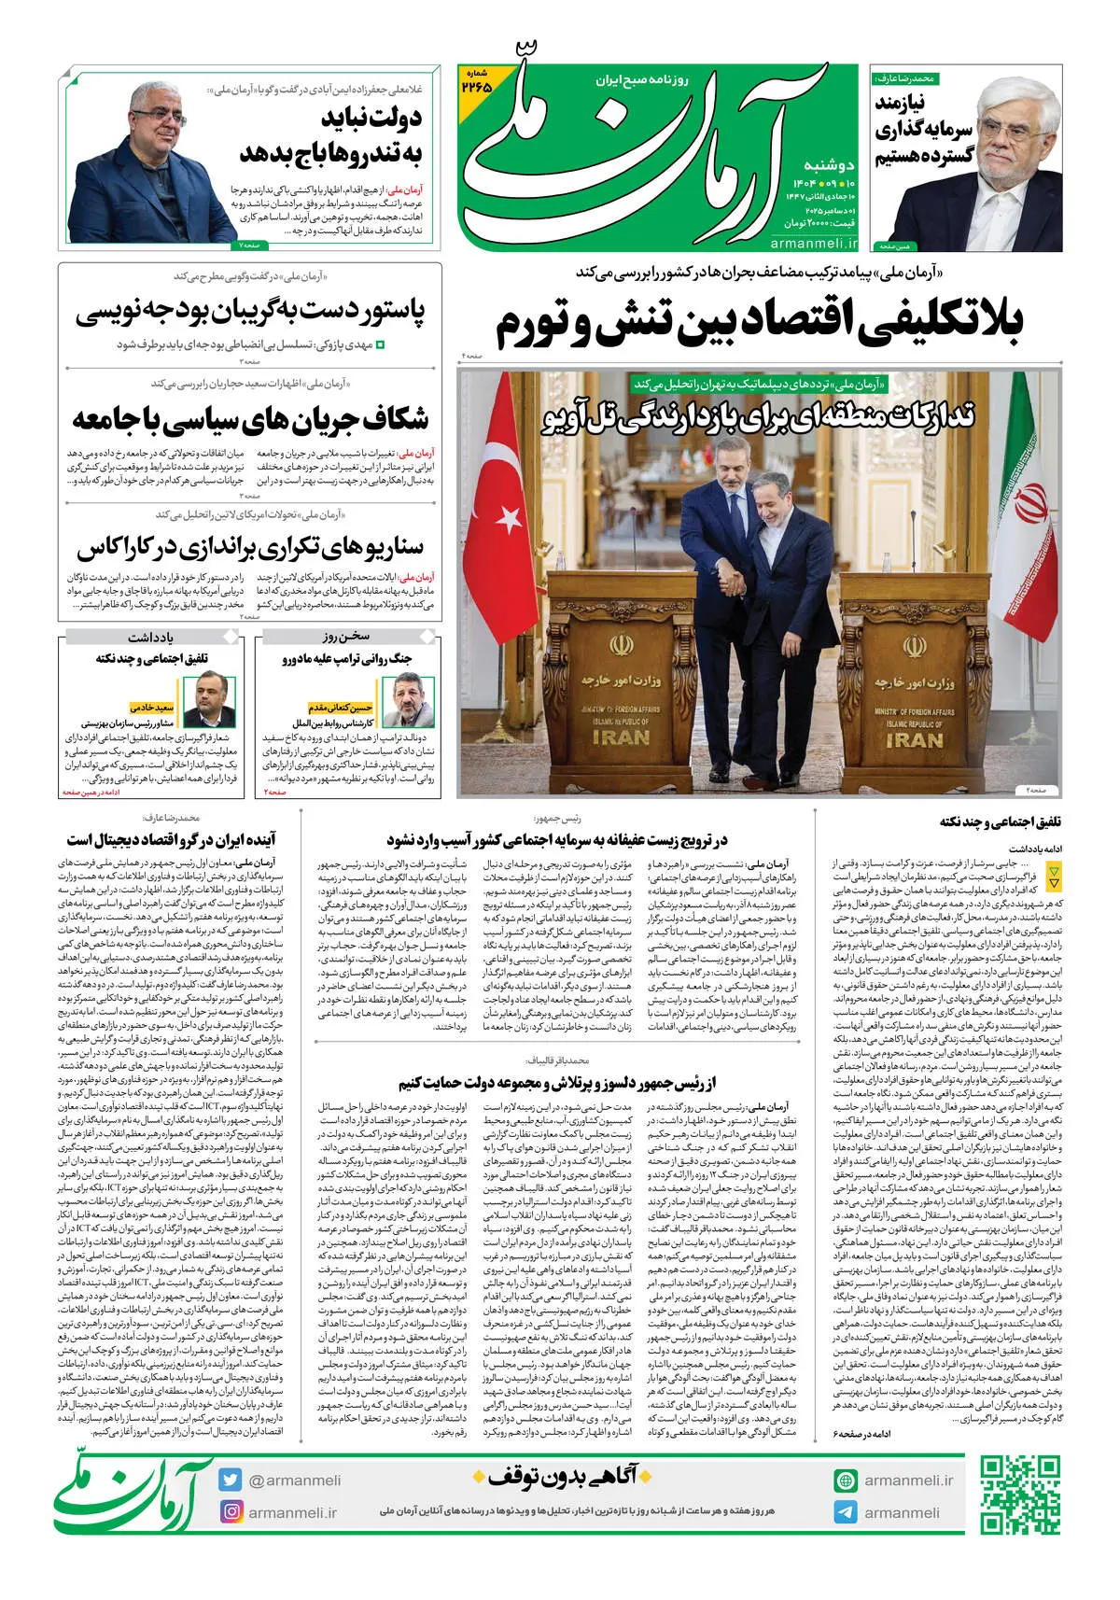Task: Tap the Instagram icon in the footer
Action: click(x=231, y=1511)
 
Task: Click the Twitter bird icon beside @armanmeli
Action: click(x=231, y=1480)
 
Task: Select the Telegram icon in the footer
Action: click(x=846, y=1512)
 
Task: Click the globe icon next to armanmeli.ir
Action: click(x=846, y=1481)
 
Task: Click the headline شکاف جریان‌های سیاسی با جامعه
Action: click(x=250, y=419)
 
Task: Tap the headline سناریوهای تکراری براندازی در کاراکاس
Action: click(x=250, y=546)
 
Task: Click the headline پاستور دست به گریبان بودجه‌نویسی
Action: click(x=250, y=312)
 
